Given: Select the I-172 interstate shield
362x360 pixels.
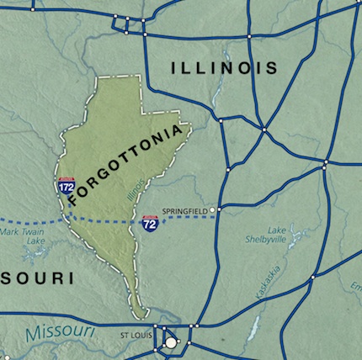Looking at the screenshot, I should [65, 186].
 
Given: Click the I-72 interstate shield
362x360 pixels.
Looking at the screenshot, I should [148, 223].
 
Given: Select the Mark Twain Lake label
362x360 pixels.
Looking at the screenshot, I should [22, 236].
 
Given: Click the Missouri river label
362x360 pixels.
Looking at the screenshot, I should [56, 334].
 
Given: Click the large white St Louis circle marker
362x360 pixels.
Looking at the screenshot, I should [172, 342].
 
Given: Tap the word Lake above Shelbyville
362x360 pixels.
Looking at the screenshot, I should [277, 229].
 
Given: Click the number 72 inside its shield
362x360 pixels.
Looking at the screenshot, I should [148, 225].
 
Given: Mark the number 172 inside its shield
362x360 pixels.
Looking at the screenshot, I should [65, 188].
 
